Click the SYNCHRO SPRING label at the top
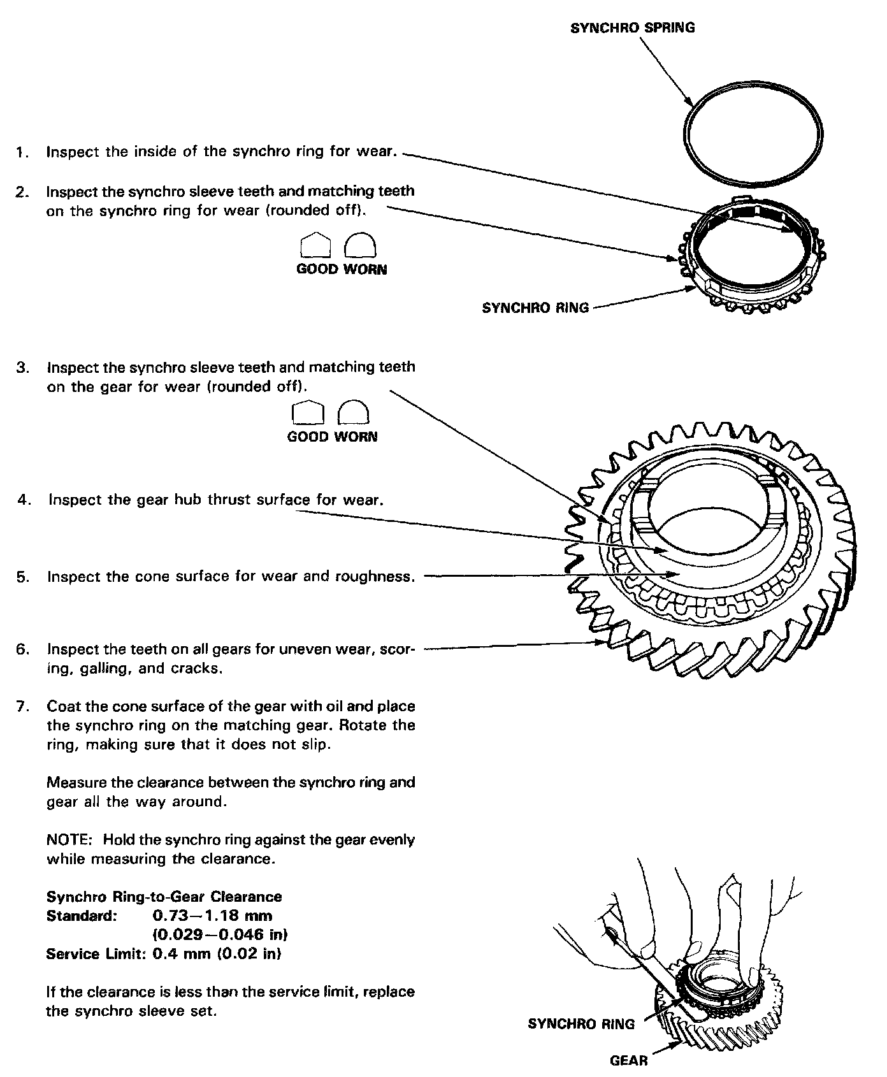(632, 27)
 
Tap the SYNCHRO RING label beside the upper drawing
(535, 308)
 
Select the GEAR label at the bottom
(628, 1060)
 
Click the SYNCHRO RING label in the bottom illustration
(581, 1024)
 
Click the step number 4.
(24, 500)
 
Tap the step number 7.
(22, 707)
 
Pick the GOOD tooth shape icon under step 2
(315, 245)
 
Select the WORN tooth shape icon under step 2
(360, 245)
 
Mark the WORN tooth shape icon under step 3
(354, 413)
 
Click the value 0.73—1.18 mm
(213, 916)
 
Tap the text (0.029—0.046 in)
(220, 935)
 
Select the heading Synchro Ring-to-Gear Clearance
(164, 897)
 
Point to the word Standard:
(82, 916)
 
